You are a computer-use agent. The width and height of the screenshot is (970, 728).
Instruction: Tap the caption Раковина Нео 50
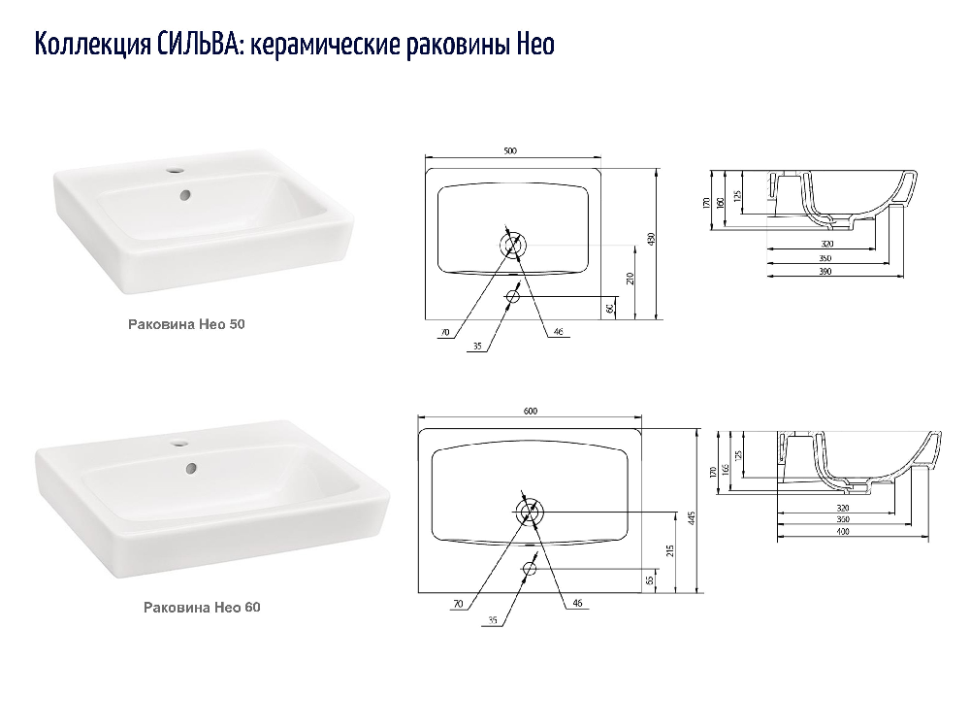[186, 324]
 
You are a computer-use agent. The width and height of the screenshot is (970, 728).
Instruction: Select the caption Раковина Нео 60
[202, 608]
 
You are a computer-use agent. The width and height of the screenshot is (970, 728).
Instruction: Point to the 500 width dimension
[510, 150]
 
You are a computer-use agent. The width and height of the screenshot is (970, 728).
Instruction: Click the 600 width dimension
[531, 411]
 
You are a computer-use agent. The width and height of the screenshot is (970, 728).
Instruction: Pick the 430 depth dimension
[651, 239]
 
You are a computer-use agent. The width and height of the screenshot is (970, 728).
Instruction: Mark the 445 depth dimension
[692, 517]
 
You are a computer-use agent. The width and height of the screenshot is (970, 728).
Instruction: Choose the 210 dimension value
[630, 279]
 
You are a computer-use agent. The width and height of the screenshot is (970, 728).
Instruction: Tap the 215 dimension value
[670, 551]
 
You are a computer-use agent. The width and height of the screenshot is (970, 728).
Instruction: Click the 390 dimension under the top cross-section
[824, 271]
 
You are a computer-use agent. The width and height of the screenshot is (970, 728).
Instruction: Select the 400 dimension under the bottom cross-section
[843, 531]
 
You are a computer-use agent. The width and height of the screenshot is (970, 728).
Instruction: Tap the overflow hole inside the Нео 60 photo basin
[191, 469]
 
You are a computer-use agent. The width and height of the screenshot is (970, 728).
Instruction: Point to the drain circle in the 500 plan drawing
[513, 246]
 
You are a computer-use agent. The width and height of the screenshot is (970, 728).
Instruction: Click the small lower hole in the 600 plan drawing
[529, 568]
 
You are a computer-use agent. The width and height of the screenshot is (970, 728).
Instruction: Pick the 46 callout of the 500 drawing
[558, 332]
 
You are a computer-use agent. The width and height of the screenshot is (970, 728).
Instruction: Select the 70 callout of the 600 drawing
[458, 604]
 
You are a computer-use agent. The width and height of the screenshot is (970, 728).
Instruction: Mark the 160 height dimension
[720, 203]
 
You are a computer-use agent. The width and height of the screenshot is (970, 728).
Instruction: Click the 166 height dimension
[725, 469]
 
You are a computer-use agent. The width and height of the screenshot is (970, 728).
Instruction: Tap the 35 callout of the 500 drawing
[477, 347]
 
